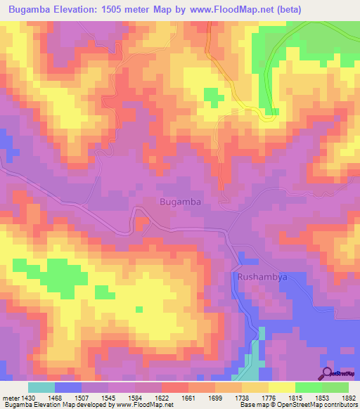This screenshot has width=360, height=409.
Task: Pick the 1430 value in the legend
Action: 30,398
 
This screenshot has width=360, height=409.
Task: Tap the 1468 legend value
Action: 56,398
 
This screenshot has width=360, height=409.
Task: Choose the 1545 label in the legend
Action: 110,398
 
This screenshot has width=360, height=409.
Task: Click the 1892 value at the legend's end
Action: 349,398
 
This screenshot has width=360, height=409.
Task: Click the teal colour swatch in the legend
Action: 41,387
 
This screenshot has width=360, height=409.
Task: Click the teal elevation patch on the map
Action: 250,363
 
